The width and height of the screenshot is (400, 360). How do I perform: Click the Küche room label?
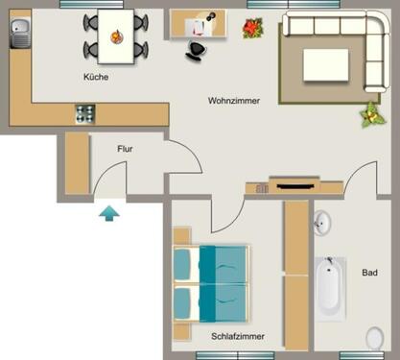pos(96,76)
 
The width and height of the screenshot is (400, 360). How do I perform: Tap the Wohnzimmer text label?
pos(233,100)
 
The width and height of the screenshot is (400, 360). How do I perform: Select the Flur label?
pos(125,150)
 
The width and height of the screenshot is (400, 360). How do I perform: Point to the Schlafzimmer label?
pos(237,336)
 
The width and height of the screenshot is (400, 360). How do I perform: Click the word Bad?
pos(369,273)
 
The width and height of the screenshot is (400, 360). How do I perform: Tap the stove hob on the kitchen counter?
pos(85,113)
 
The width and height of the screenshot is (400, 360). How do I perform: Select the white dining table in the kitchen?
pos(117,34)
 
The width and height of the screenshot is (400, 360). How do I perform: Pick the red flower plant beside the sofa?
pos(253,30)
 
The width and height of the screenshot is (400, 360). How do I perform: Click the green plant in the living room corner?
pos(367,117)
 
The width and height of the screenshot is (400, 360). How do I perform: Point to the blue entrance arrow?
pos(110,212)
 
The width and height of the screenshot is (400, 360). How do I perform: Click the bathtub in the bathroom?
pos(330,287)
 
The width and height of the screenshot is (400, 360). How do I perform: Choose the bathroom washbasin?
pos(322,224)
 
